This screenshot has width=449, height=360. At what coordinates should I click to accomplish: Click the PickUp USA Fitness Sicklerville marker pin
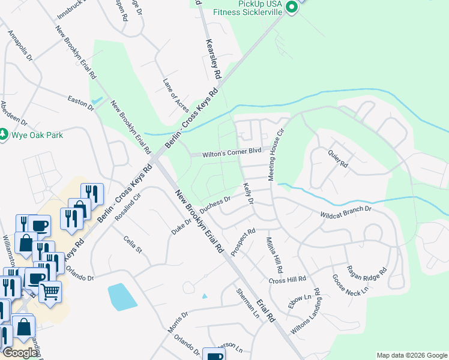[x=292, y=7]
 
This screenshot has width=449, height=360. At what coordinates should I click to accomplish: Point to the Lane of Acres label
[x=176, y=95]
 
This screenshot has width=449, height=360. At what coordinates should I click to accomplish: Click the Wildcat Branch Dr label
[x=346, y=213]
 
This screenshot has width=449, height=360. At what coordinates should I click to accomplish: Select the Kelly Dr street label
[x=248, y=193]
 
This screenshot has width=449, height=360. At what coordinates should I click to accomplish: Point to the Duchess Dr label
[x=215, y=205]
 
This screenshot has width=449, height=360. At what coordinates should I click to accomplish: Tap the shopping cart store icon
[x=50, y=292]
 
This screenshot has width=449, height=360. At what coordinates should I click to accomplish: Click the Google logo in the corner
[x=20, y=353]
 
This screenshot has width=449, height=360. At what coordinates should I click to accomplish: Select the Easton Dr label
[x=81, y=103]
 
